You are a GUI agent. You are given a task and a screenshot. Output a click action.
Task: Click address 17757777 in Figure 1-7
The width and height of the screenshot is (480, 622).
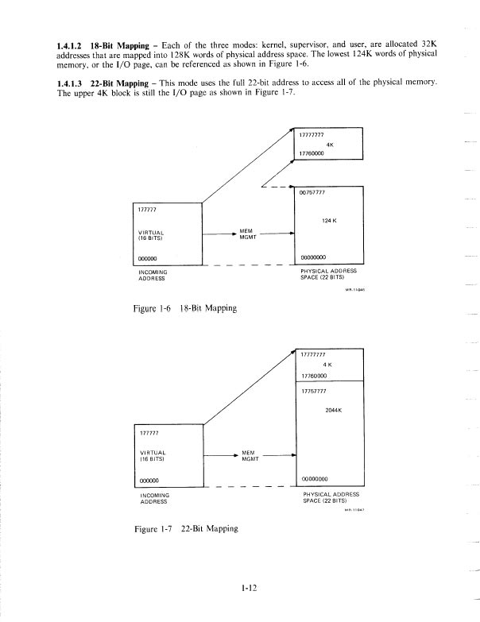[315, 391]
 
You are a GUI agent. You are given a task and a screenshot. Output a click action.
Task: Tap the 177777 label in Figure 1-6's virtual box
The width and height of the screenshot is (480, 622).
[147, 211]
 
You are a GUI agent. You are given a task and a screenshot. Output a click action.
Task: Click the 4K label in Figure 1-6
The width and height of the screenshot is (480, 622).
[330, 145]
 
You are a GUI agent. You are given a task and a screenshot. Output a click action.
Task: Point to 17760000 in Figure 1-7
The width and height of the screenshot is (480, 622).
[315, 376]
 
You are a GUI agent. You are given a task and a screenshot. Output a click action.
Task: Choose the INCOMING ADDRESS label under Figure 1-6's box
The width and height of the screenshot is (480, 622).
[151, 276]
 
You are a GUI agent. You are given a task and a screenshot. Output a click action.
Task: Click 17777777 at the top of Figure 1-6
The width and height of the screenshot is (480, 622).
[312, 136]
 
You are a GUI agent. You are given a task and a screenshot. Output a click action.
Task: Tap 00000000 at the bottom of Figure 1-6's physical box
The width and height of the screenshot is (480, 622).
[313, 257]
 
